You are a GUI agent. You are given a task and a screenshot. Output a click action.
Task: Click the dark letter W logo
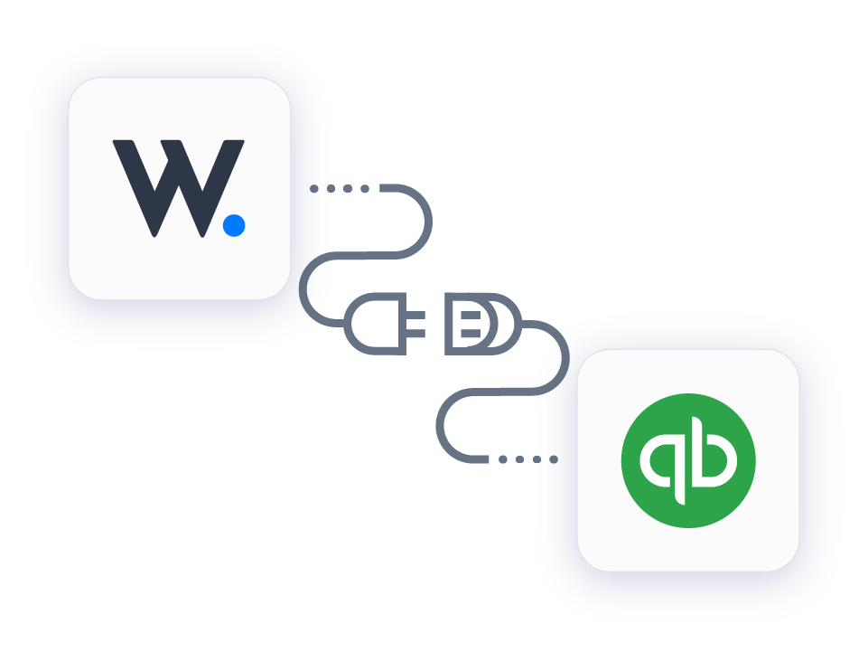pyautogui.click(x=172, y=185)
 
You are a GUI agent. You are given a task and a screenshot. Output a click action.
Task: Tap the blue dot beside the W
pyautogui.click(x=234, y=225)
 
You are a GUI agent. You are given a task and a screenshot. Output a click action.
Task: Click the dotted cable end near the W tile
pyautogui.click(x=339, y=189)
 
